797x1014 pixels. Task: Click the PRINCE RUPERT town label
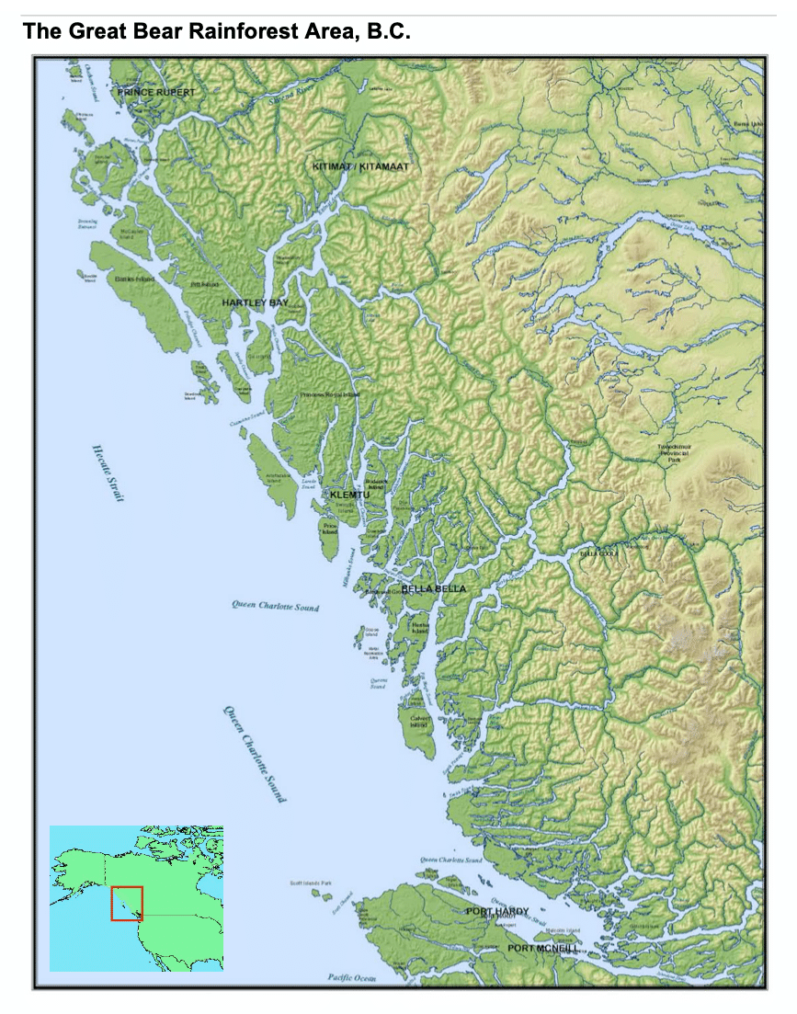click(x=155, y=93)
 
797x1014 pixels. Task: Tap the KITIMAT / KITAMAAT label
click(x=360, y=166)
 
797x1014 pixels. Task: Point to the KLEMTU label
click(x=349, y=495)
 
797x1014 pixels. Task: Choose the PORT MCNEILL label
click(x=542, y=948)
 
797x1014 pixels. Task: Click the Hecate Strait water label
click(x=108, y=473)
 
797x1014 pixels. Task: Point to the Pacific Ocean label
click(x=352, y=977)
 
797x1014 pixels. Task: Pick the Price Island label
click(x=329, y=529)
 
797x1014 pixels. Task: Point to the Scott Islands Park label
click(x=311, y=883)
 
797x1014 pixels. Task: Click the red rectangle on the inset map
click(x=127, y=903)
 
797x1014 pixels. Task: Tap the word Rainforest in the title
click(x=242, y=31)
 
